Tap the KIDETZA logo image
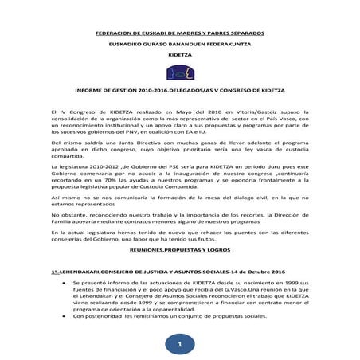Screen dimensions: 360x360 (x=179, y=74)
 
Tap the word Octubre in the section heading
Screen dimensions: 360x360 (x=257, y=272)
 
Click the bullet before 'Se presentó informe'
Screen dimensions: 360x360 (x=75, y=283)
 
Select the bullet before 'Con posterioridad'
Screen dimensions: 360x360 (x=75, y=316)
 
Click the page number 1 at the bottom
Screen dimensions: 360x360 (x=179, y=344)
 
